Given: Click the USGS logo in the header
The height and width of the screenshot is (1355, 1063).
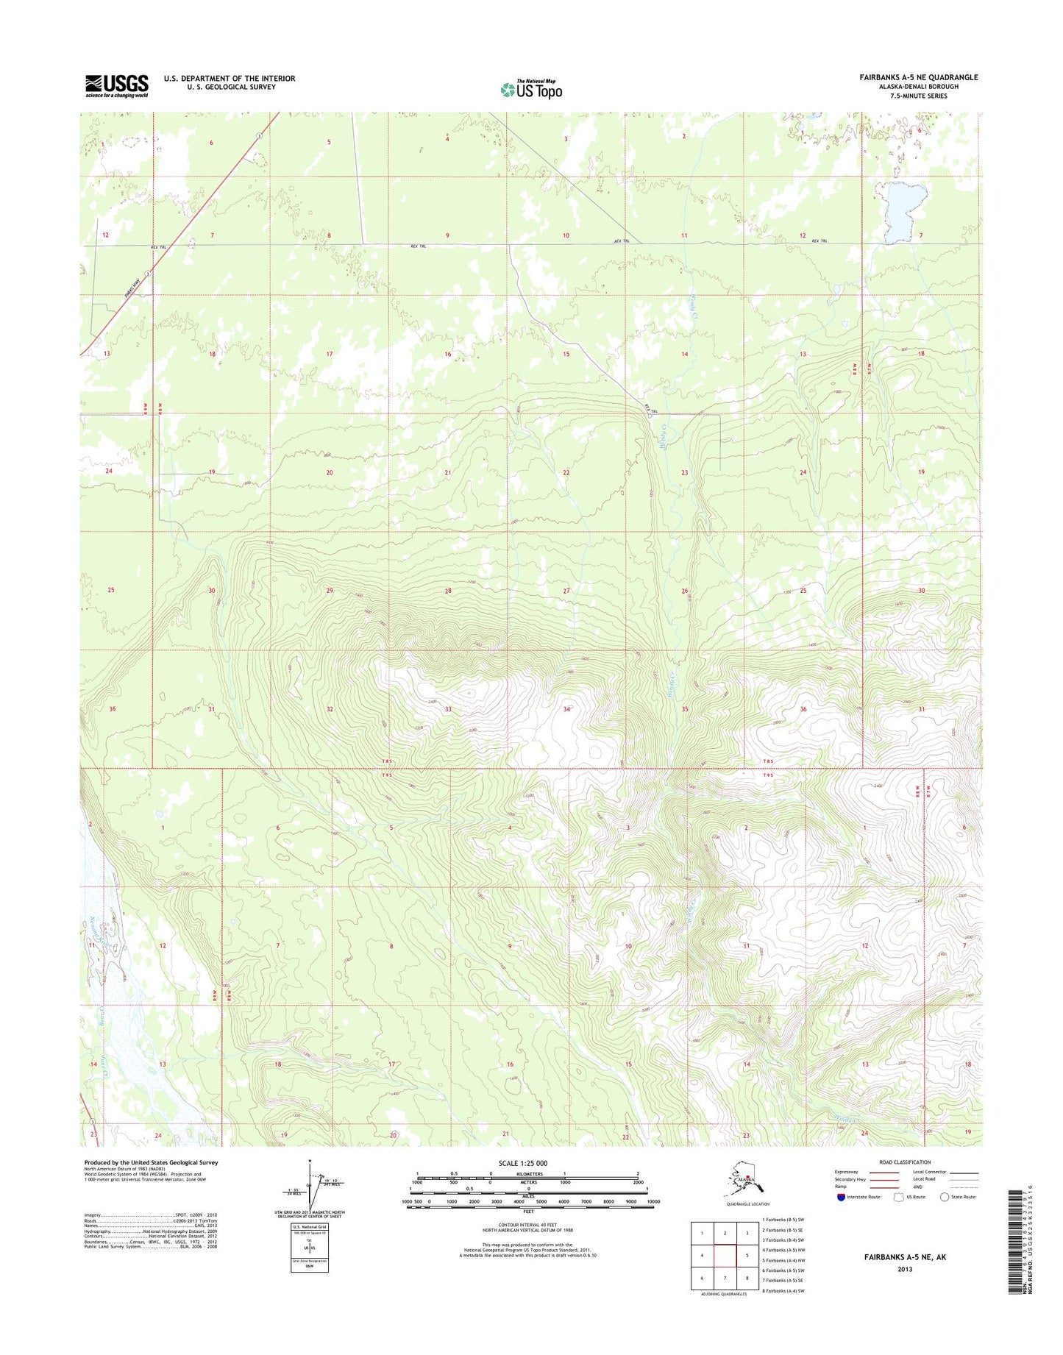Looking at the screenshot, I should (x=117, y=85).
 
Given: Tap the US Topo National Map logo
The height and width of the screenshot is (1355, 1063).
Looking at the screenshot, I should (x=531, y=89).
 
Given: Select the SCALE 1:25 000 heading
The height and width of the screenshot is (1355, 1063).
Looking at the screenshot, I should (x=527, y=1164).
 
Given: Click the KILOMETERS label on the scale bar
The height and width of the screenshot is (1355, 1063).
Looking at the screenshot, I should (x=527, y=1174).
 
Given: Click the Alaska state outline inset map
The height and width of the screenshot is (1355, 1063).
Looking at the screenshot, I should (x=741, y=1181).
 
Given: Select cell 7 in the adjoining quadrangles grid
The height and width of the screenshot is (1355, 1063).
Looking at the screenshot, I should (x=725, y=1278).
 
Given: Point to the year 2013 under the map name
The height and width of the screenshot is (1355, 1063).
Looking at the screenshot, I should (x=905, y=1269).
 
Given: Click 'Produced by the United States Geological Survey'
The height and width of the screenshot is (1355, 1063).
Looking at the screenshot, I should (x=151, y=1162).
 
